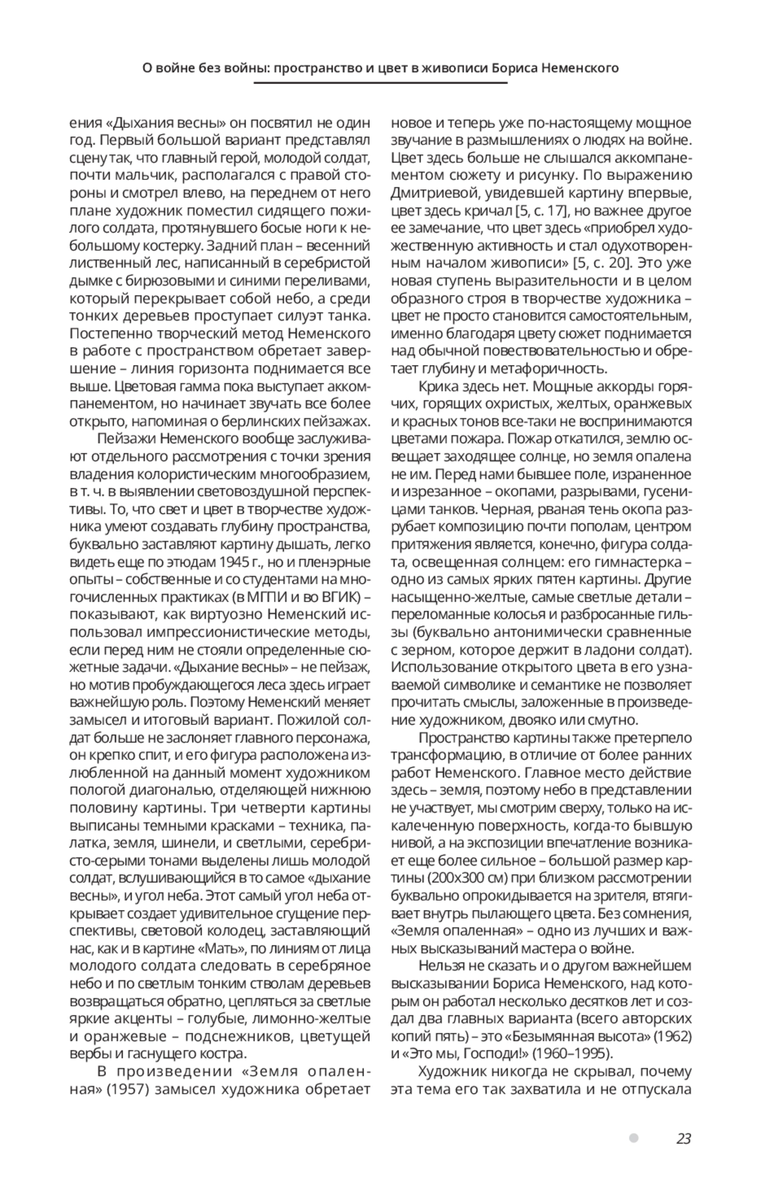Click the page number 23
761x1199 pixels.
(683, 1139)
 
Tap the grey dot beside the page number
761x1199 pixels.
(633, 1138)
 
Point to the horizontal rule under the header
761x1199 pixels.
(380, 83)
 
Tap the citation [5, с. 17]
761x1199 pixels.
(548, 210)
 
